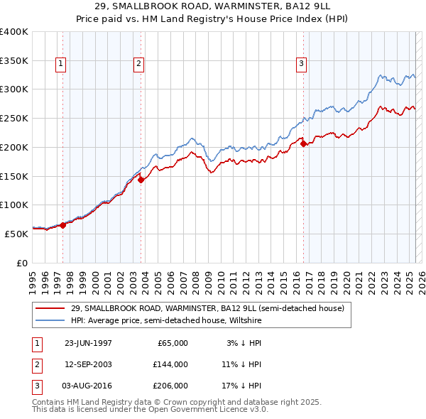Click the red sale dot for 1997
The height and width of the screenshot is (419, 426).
point(63,225)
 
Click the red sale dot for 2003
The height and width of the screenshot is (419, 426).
point(141,180)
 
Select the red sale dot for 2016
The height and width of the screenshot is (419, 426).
point(304,144)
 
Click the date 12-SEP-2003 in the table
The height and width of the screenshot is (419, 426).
point(88,364)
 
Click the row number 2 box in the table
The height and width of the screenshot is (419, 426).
point(35,364)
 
